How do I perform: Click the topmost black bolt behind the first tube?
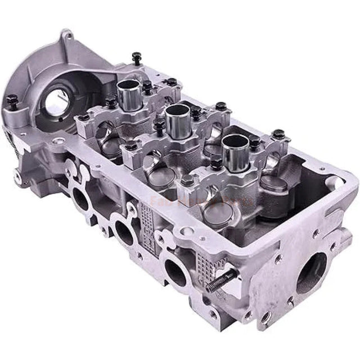coord(137,57)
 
